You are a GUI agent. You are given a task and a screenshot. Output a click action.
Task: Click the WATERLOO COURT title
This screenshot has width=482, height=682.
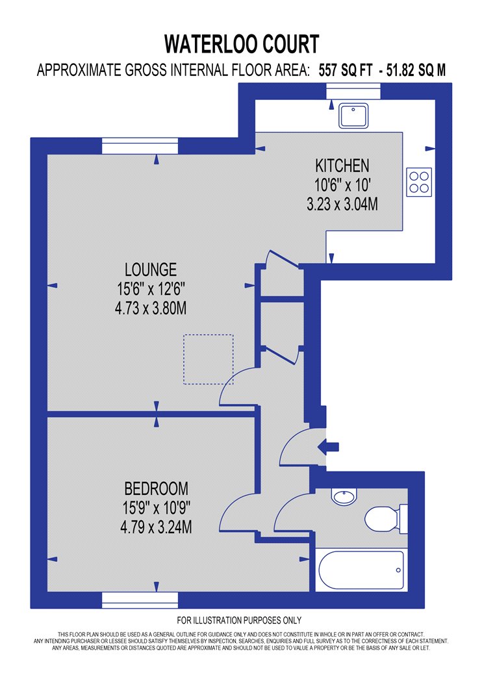(242, 44)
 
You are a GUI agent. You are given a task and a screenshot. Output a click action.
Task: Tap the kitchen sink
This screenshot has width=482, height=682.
(353, 116)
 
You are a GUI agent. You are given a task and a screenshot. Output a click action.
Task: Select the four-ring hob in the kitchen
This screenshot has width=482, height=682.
(419, 182)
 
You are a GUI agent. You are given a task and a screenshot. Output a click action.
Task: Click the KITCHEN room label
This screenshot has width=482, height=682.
(342, 166)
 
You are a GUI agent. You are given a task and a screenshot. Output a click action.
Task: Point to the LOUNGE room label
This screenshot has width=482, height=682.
(151, 270)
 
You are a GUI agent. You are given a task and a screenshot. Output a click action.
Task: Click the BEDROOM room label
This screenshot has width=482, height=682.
(156, 488)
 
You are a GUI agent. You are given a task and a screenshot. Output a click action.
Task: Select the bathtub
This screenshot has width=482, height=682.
(361, 570)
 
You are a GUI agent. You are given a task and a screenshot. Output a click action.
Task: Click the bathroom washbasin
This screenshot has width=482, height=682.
(344, 496)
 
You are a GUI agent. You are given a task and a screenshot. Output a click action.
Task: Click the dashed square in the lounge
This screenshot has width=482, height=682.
(209, 359)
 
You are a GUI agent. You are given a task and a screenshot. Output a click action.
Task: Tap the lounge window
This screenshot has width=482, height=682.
(140, 145)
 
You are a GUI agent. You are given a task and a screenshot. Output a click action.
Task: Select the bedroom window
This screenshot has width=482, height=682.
(140, 600)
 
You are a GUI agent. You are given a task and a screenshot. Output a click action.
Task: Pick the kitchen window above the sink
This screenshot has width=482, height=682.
(353, 91)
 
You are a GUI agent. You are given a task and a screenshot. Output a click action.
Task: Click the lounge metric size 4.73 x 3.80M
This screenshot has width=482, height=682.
(151, 309)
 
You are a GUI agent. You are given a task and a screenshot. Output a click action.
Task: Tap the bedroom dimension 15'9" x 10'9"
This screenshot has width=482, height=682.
(156, 507)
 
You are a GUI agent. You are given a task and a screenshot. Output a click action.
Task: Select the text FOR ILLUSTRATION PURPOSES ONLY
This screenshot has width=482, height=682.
(239, 620)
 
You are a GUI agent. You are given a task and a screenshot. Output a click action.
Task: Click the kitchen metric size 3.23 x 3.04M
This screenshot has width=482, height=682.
(342, 204)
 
